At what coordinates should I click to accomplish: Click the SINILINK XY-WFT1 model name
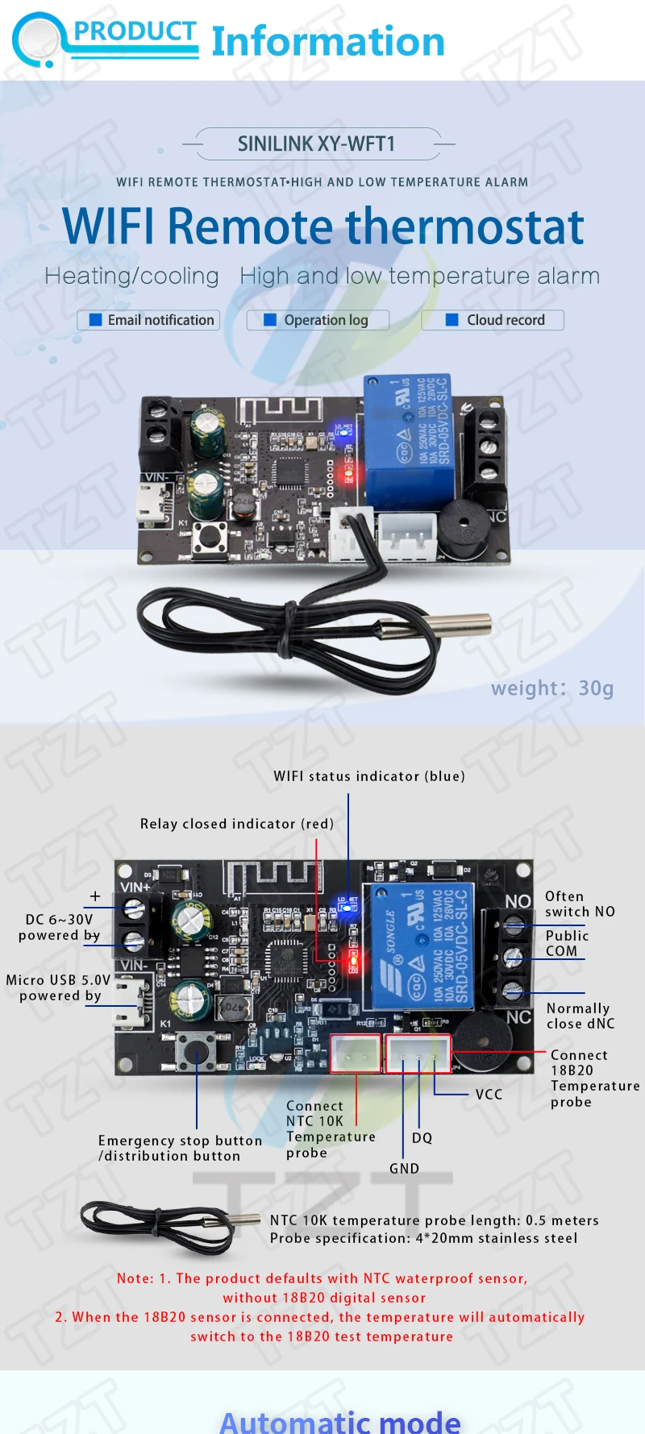(x=316, y=144)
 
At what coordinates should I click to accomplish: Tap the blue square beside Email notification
(x=95, y=320)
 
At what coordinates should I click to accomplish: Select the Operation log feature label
(x=326, y=320)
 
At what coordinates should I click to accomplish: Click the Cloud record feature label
(x=506, y=320)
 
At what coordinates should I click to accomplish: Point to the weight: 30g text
(x=552, y=688)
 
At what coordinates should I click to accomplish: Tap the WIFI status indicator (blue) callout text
(x=369, y=776)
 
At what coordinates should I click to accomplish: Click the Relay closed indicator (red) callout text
(x=237, y=824)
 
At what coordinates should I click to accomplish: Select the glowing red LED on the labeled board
(x=352, y=959)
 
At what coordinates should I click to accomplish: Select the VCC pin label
(x=489, y=1095)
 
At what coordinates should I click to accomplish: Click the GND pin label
(x=404, y=1169)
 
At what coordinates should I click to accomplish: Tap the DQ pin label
(x=422, y=1138)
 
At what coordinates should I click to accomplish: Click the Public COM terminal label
(x=567, y=943)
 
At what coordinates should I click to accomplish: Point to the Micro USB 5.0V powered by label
(x=59, y=987)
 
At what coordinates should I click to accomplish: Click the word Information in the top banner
(x=328, y=42)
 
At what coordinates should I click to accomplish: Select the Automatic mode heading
(x=340, y=1420)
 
